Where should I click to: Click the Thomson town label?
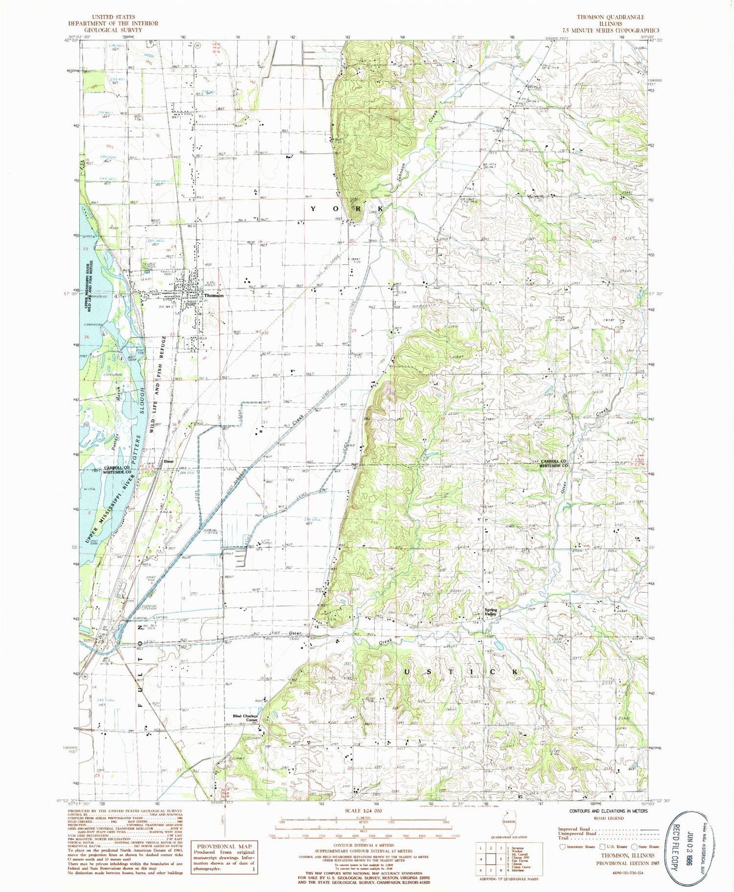pyautogui.click(x=214, y=295)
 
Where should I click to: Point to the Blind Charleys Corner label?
pyautogui.click(x=245, y=718)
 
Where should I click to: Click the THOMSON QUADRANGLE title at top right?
pyautogui.click(x=610, y=17)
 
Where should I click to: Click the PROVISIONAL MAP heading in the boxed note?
pyautogui.click(x=224, y=846)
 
